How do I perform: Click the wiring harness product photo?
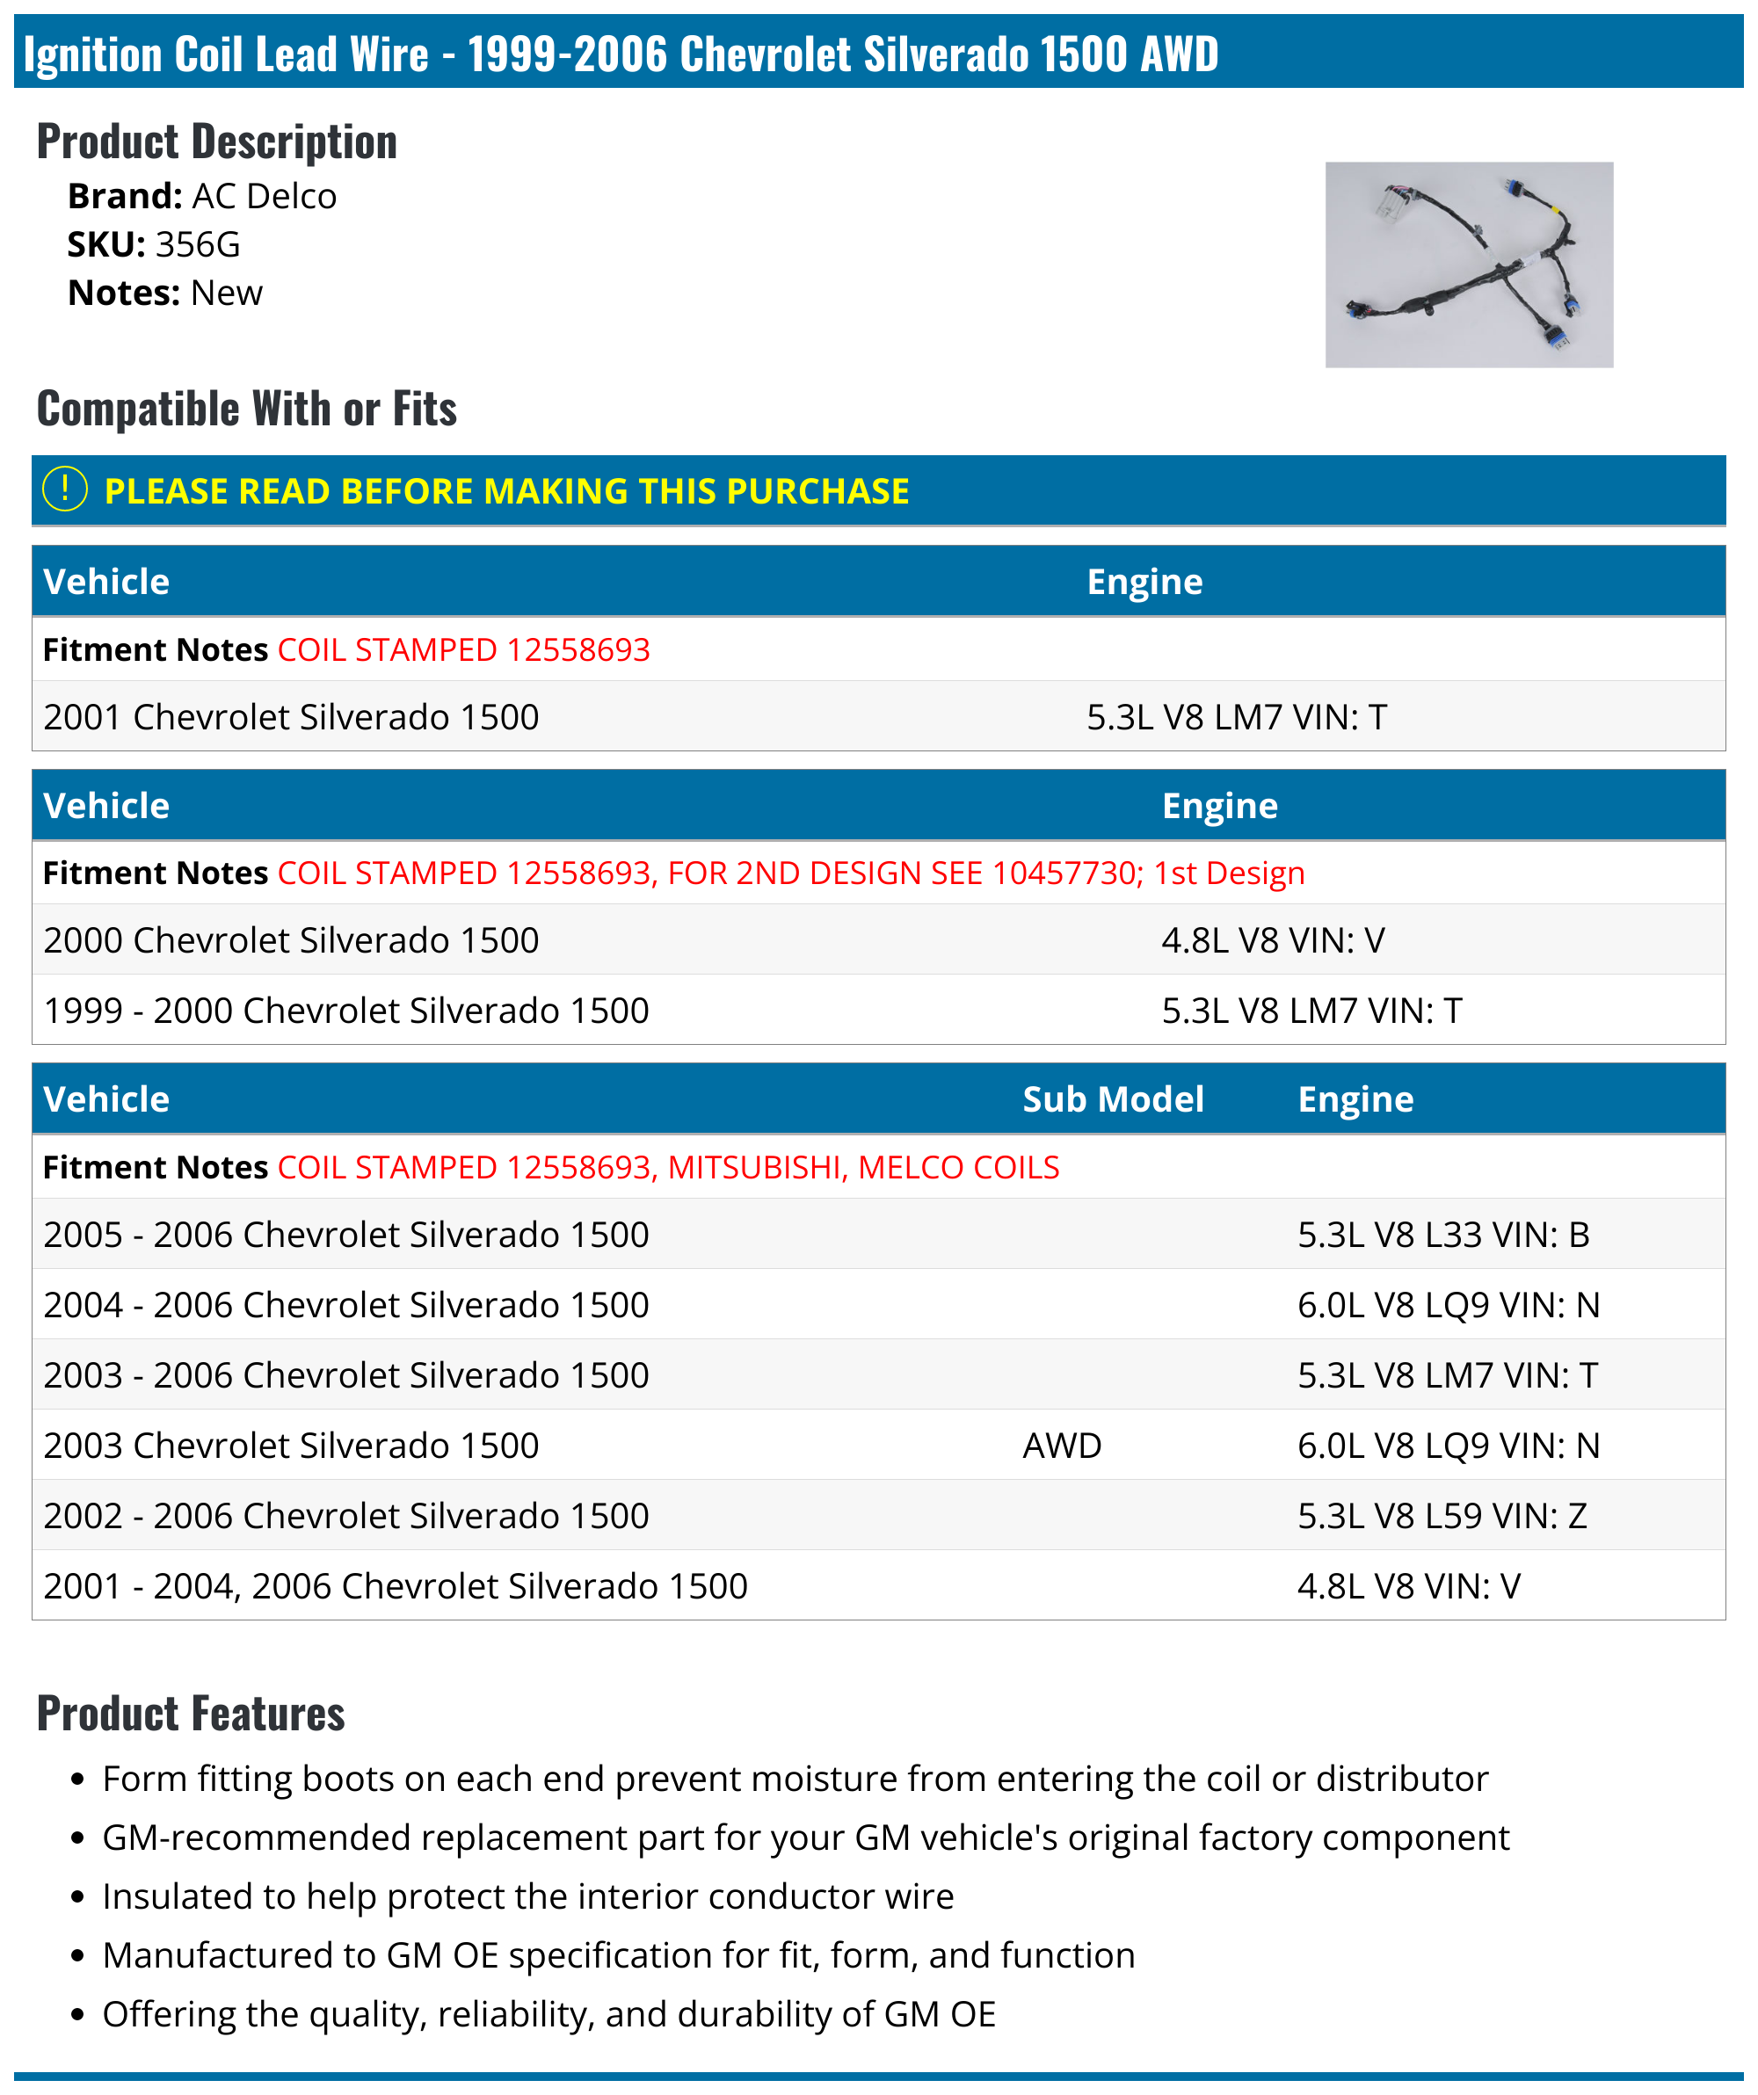1468,265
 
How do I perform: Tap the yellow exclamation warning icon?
65,489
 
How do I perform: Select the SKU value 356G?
198,244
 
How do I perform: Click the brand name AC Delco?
264,197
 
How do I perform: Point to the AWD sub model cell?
1062,1446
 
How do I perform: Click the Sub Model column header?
1113,1099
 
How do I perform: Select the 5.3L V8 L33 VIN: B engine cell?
1442,1235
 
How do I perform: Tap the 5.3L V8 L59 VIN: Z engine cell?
1442,1517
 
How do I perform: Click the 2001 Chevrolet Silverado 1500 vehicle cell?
291,717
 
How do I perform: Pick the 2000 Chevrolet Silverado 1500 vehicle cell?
291,941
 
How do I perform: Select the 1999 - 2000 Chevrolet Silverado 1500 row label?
346,1011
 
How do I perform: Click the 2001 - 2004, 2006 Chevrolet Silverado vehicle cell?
395,1586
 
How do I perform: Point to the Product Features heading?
191,1714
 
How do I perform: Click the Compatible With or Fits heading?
246,409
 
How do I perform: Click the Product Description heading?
216,141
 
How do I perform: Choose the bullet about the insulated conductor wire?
527,1896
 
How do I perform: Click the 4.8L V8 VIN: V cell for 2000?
1273,941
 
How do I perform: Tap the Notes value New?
227,294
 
